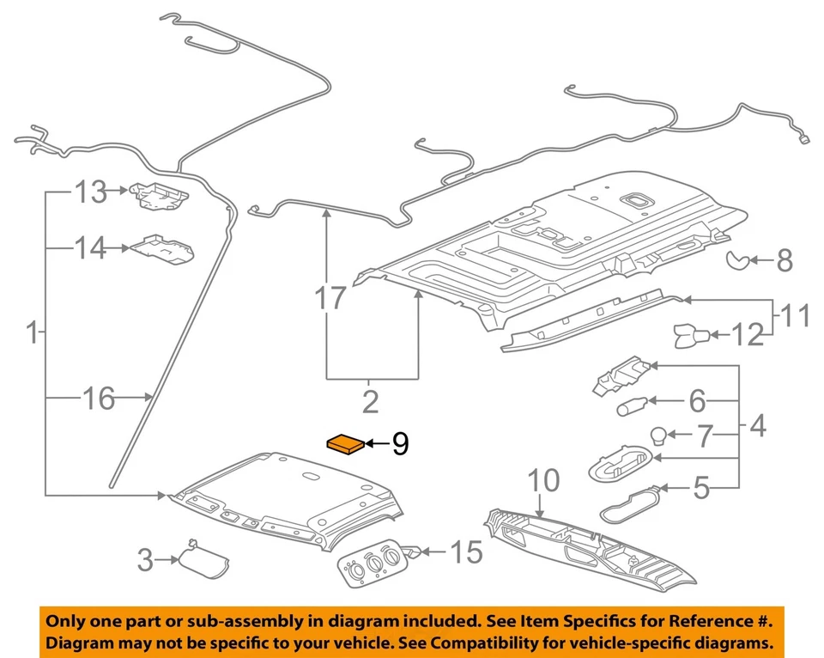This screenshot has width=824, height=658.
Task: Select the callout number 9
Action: [400, 444]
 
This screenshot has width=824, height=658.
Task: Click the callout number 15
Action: [467, 554]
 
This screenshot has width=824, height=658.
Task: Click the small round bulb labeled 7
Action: [658, 436]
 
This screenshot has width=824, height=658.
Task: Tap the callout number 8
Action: [784, 261]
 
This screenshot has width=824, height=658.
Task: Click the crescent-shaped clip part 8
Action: [740, 259]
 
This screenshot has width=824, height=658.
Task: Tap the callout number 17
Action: [330, 299]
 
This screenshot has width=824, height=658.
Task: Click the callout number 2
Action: [370, 401]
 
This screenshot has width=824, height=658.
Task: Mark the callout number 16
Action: [100, 398]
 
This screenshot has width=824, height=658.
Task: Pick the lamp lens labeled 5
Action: [631, 503]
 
